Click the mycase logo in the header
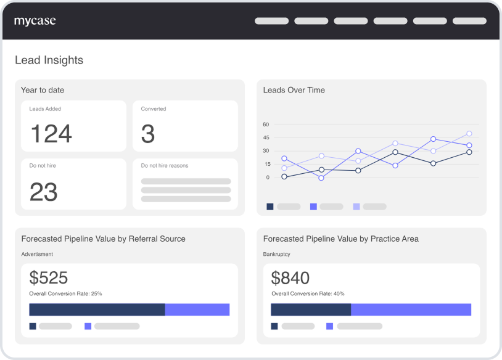35,21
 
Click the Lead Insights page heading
49,60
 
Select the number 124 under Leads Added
51,134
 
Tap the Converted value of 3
148,134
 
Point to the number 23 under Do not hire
44,192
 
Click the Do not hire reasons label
165,166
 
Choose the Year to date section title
43,90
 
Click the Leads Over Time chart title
294,90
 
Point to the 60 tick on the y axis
266,125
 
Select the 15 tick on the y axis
266,164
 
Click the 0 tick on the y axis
268,178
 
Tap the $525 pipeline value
49,277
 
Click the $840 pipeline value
290,277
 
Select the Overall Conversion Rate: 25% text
66,294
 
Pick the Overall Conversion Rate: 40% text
308,294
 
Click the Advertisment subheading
37,254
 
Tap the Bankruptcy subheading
277,254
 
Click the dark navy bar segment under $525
97,309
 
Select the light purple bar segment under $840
411,309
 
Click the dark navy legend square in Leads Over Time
270,207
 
